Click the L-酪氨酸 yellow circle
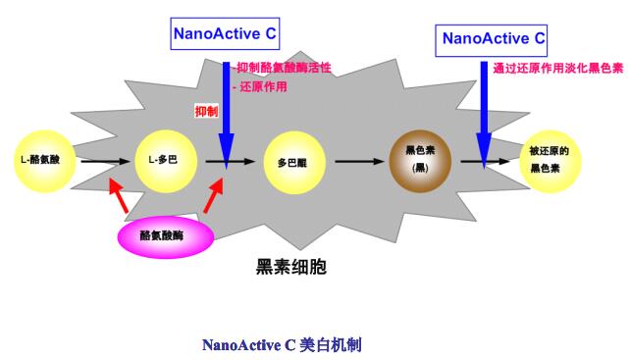coord(45,161)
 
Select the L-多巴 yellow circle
coord(166,161)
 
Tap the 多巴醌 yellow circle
coord(294,163)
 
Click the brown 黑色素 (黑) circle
coord(420,161)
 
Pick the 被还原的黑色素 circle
coord(550,161)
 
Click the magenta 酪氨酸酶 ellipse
coord(166,236)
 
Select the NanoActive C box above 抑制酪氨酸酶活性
coord(225,33)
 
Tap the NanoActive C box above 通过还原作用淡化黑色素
coord(492,40)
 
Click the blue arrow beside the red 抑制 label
coord(227,116)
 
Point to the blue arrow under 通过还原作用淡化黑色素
coord(484,116)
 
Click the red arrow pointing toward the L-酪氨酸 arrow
coord(119,195)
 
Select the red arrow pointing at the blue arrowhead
coord(214,195)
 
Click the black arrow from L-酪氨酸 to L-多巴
coord(106,162)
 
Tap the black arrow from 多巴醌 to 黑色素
coord(359,162)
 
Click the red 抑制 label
coord(207,111)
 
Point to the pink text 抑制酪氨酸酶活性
coord(284,68)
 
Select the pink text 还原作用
coord(263,86)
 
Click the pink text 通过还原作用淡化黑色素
coord(558,68)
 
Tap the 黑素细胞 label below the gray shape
coord(291,267)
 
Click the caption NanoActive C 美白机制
coord(282,344)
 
